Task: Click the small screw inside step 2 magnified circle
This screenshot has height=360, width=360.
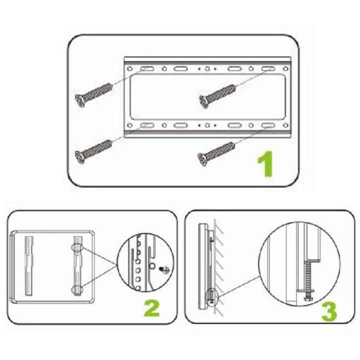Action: [162, 269]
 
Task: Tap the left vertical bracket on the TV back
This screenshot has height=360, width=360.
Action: [27, 265]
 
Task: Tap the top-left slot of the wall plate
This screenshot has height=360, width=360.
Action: [147, 68]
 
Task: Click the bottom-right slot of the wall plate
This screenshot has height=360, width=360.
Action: [266, 126]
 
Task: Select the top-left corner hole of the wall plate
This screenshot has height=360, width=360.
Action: [130, 67]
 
